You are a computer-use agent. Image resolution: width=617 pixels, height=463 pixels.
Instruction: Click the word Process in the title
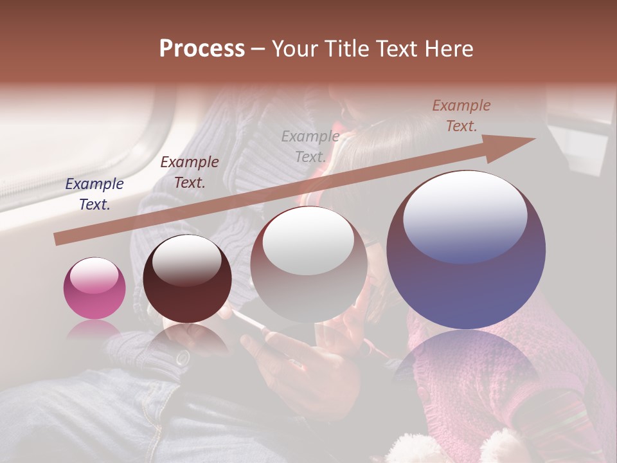pyautogui.click(x=202, y=49)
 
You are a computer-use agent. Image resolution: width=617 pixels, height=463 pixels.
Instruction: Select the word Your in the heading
pyautogui.click(x=293, y=49)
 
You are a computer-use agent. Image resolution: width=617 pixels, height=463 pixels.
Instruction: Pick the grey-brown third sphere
pyautogui.click(x=308, y=283)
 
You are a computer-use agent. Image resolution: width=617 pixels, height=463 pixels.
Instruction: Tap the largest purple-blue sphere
pyautogui.click(x=466, y=283)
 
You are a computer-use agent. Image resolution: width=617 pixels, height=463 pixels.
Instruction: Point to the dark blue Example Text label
pyautogui.click(x=94, y=194)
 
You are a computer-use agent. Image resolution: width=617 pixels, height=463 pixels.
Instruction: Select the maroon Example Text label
pyautogui.click(x=190, y=172)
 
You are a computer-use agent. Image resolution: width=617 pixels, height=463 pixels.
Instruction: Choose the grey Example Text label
pyautogui.click(x=310, y=147)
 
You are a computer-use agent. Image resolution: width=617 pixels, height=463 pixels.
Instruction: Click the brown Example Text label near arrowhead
pyautogui.click(x=461, y=116)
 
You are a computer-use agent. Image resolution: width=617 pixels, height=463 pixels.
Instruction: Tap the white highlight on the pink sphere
pyautogui.click(x=94, y=276)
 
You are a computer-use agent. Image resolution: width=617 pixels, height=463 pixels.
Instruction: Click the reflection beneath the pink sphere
pyautogui.click(x=94, y=329)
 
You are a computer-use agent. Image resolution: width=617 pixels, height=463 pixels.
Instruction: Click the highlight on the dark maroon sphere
pyautogui.click(x=187, y=260)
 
